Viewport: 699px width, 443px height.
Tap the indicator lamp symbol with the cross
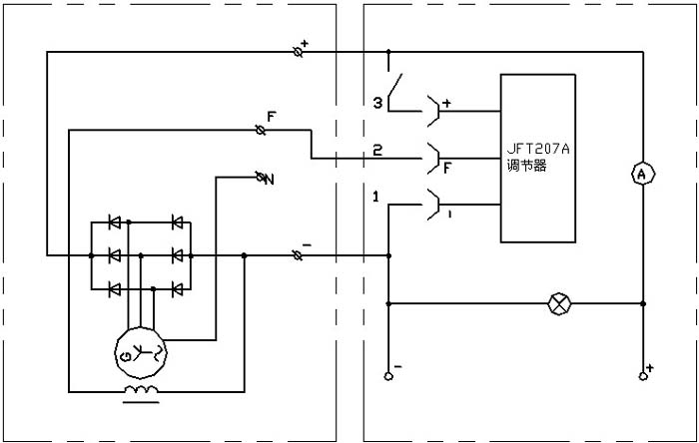pos(558,302)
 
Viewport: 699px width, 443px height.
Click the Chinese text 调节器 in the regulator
pos(527,167)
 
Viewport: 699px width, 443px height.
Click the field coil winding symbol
pos(139,389)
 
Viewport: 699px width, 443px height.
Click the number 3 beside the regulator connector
pos(377,103)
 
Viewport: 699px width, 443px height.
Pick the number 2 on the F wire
pos(377,151)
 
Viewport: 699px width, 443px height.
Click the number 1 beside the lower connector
pos(375,197)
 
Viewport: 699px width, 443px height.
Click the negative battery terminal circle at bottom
pos(388,376)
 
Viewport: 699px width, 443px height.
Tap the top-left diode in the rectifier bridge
pos(114,221)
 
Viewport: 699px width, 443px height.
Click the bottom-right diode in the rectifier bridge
pos(177,289)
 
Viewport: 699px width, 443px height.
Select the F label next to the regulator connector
pos(446,168)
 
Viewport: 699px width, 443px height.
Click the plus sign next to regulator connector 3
pos(446,103)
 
